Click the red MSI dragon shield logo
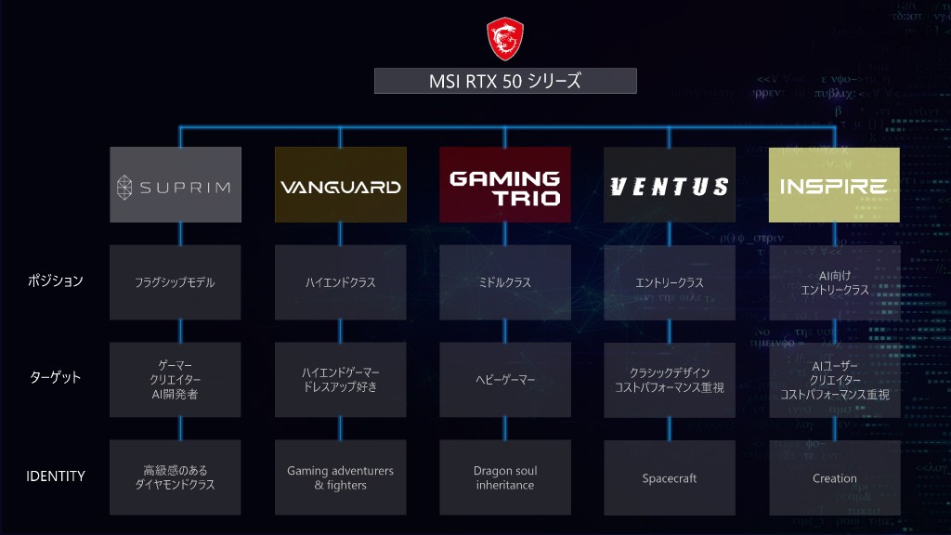pos(505,37)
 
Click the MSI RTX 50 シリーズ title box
pos(505,81)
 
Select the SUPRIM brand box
pos(176,185)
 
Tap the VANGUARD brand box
pos(341,185)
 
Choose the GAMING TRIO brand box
pos(505,185)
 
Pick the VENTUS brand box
pos(670,185)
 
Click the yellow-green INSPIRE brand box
pos(834,185)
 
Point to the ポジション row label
pos(56,281)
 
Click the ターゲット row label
pos(55,378)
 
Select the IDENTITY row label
pos(56,476)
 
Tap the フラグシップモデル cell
pos(176,282)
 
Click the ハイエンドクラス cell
pos(341,282)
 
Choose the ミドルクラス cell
pos(505,282)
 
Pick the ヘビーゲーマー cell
pos(505,380)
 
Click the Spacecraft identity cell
pos(670,477)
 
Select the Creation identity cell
pos(834,477)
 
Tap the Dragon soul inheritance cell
pos(505,477)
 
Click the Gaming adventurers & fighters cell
pos(341,477)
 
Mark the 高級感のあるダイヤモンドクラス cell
pos(176,477)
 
